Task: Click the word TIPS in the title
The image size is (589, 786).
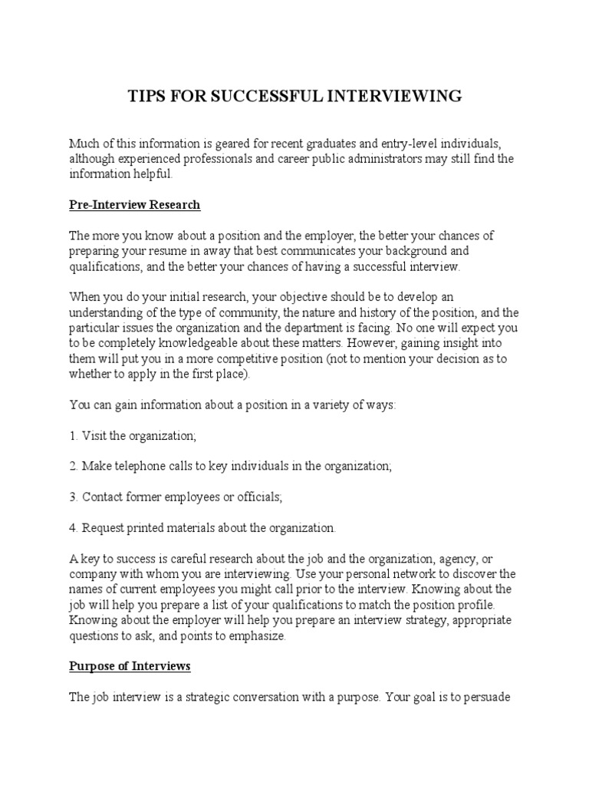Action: tap(144, 96)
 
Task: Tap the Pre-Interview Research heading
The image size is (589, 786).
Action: tap(134, 205)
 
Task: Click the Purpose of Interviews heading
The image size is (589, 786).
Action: tap(130, 666)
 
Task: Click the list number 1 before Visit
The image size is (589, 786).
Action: tap(74, 435)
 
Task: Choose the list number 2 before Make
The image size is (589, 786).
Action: tap(74, 466)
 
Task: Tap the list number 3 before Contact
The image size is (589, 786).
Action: tap(74, 497)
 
